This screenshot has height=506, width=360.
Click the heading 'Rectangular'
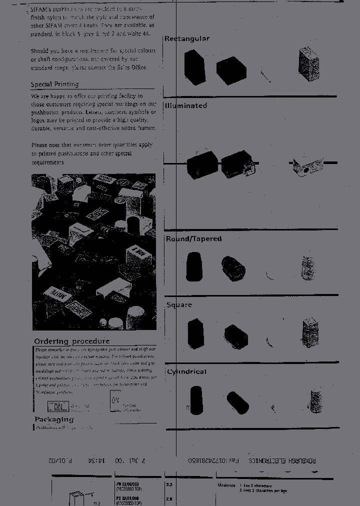187,39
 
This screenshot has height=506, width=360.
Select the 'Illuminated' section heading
186,106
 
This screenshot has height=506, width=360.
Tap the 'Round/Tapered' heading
193,239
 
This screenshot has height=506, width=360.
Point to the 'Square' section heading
179,305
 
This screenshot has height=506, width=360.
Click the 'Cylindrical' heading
186,372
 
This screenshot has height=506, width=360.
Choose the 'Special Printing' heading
54,84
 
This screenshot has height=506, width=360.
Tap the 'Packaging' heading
54,419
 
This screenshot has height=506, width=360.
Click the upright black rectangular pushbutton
194,66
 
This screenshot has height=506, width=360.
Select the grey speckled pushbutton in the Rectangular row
308,64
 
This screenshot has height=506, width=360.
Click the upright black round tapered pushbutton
194,266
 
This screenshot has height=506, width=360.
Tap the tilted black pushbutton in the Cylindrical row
237,402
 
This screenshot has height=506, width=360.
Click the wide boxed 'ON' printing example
58,406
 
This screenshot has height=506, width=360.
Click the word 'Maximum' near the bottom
226,485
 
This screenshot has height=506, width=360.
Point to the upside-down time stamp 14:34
95,460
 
